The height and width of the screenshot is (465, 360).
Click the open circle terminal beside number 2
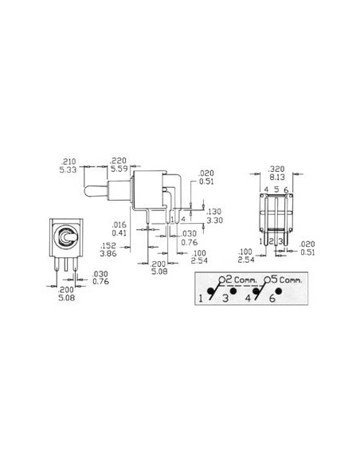(220, 279)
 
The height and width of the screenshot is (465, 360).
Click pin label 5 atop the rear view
(276, 190)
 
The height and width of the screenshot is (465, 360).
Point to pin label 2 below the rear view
(272, 240)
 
